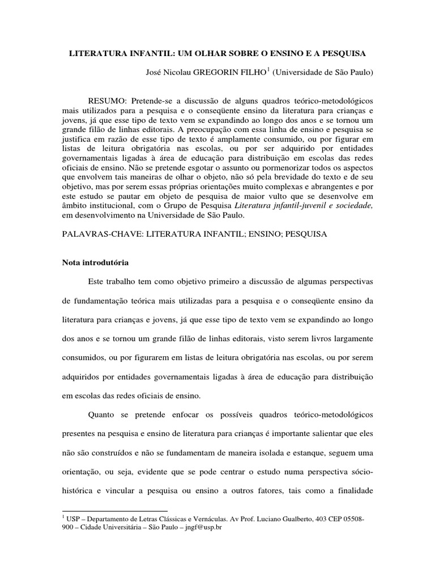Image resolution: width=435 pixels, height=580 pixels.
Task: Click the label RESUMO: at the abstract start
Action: tap(109, 100)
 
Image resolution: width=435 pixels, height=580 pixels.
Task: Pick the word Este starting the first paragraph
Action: tap(97, 282)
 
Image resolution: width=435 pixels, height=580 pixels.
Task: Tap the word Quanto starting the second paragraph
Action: tap(101, 415)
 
